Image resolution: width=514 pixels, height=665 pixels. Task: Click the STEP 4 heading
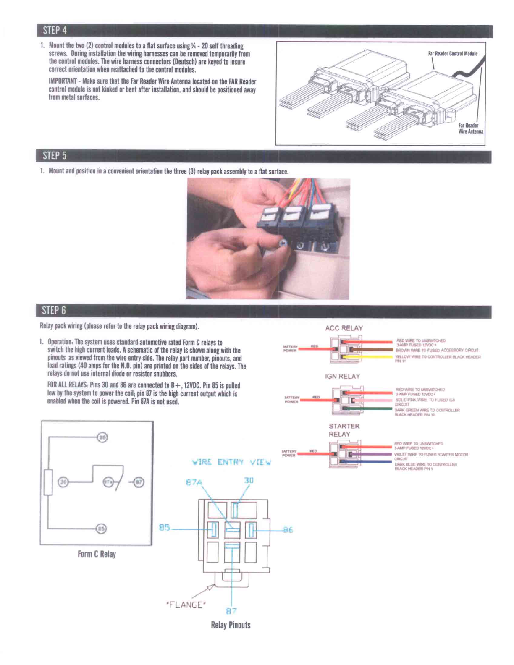click(x=55, y=30)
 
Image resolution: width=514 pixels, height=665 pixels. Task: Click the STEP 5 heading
click(x=55, y=156)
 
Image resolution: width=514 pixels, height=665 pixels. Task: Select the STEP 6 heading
click(x=54, y=310)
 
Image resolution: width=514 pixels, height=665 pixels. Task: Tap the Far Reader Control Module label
click(x=453, y=53)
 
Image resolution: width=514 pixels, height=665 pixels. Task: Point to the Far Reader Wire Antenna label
click(x=470, y=128)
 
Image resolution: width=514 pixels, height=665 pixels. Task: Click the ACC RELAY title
click(x=344, y=328)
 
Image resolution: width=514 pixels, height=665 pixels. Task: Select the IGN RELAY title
click(x=342, y=377)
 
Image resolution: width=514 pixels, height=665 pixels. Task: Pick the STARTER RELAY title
click(x=344, y=430)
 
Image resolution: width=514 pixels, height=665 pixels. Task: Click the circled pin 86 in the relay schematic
click(x=102, y=437)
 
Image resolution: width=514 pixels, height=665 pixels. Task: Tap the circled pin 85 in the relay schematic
click(x=101, y=529)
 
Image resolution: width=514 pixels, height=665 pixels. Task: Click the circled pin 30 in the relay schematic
click(x=63, y=482)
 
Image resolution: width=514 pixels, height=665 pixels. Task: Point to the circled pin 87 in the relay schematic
click(x=139, y=482)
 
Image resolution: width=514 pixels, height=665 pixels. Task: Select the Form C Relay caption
click(x=97, y=554)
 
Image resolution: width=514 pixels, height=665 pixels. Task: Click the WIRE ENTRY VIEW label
click(x=231, y=462)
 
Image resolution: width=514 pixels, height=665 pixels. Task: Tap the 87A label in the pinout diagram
click(x=194, y=482)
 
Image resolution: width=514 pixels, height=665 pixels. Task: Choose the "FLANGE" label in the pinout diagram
click(x=186, y=605)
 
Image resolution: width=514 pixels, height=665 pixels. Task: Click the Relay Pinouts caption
click(x=231, y=625)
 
